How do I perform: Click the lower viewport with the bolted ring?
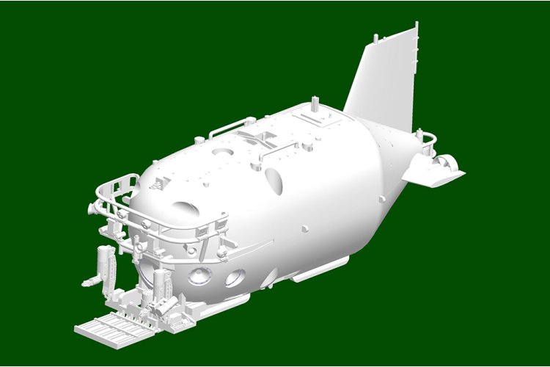point(199,277)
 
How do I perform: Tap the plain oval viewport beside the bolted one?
point(235,277)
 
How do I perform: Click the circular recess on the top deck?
point(218,153)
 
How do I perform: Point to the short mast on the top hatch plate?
point(316,103)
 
